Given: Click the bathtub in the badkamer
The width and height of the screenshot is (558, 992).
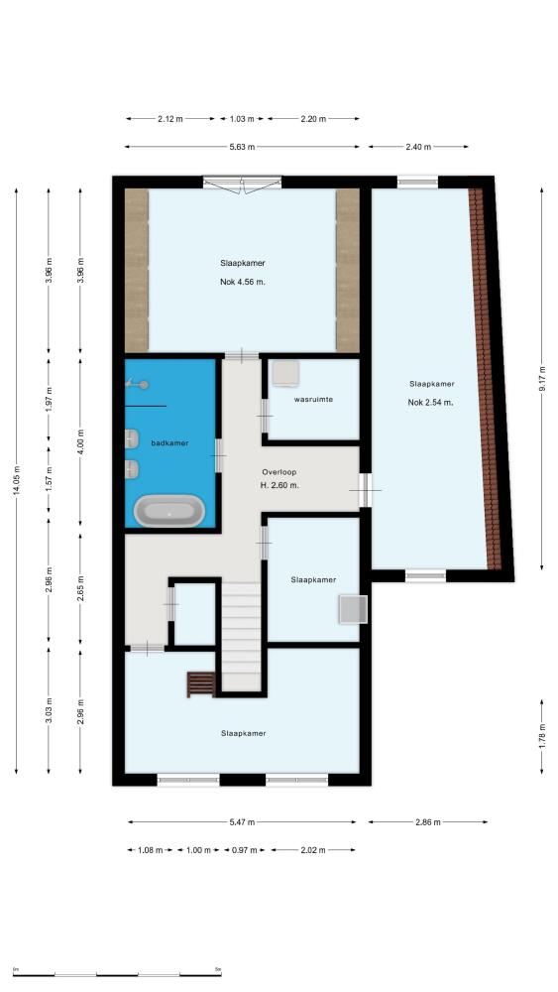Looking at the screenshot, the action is click(169, 511).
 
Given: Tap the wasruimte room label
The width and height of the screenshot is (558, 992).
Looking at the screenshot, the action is click(313, 400).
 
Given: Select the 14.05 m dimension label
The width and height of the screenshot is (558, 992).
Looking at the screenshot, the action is click(17, 481).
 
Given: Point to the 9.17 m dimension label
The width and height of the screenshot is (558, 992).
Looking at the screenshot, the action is click(542, 379).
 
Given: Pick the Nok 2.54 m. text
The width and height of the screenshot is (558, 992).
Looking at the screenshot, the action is click(431, 402).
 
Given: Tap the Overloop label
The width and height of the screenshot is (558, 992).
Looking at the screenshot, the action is click(279, 472).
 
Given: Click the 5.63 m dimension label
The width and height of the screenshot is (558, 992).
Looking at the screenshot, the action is click(243, 148).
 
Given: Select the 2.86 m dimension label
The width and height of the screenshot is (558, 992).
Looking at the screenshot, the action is click(428, 822).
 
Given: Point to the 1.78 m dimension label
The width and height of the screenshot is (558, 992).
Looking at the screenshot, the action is click(542, 736).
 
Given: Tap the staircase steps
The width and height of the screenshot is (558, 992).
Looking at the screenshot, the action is click(241, 637).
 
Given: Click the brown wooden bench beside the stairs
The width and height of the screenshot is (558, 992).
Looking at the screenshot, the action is click(201, 684).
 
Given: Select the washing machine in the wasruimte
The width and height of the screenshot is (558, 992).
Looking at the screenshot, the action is click(285, 373).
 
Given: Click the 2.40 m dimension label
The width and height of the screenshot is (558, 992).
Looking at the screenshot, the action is click(418, 148).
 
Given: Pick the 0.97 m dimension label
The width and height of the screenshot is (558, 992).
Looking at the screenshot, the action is click(245, 850).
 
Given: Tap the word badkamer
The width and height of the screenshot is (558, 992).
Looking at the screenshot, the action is click(170, 442).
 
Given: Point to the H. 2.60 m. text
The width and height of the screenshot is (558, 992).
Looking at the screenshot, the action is click(279, 485).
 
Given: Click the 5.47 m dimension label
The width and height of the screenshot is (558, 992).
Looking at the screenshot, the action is click(242, 822).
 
